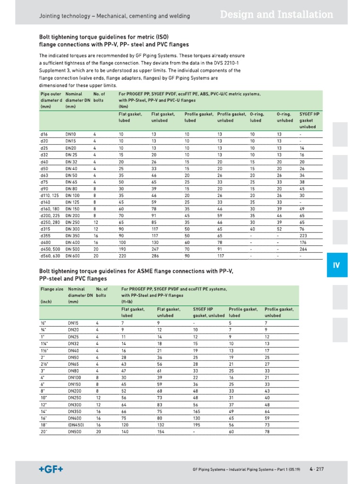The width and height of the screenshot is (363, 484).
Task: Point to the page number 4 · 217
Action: (x=317, y=469)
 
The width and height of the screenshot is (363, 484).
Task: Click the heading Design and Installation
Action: (x=277, y=15)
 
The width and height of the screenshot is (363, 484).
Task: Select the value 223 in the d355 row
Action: (x=303, y=235)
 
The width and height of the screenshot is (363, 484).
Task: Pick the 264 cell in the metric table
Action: (x=303, y=249)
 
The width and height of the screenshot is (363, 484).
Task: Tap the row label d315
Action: (x=45, y=229)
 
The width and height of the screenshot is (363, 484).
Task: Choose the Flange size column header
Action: (x=52, y=288)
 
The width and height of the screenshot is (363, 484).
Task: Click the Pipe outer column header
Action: (x=51, y=94)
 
